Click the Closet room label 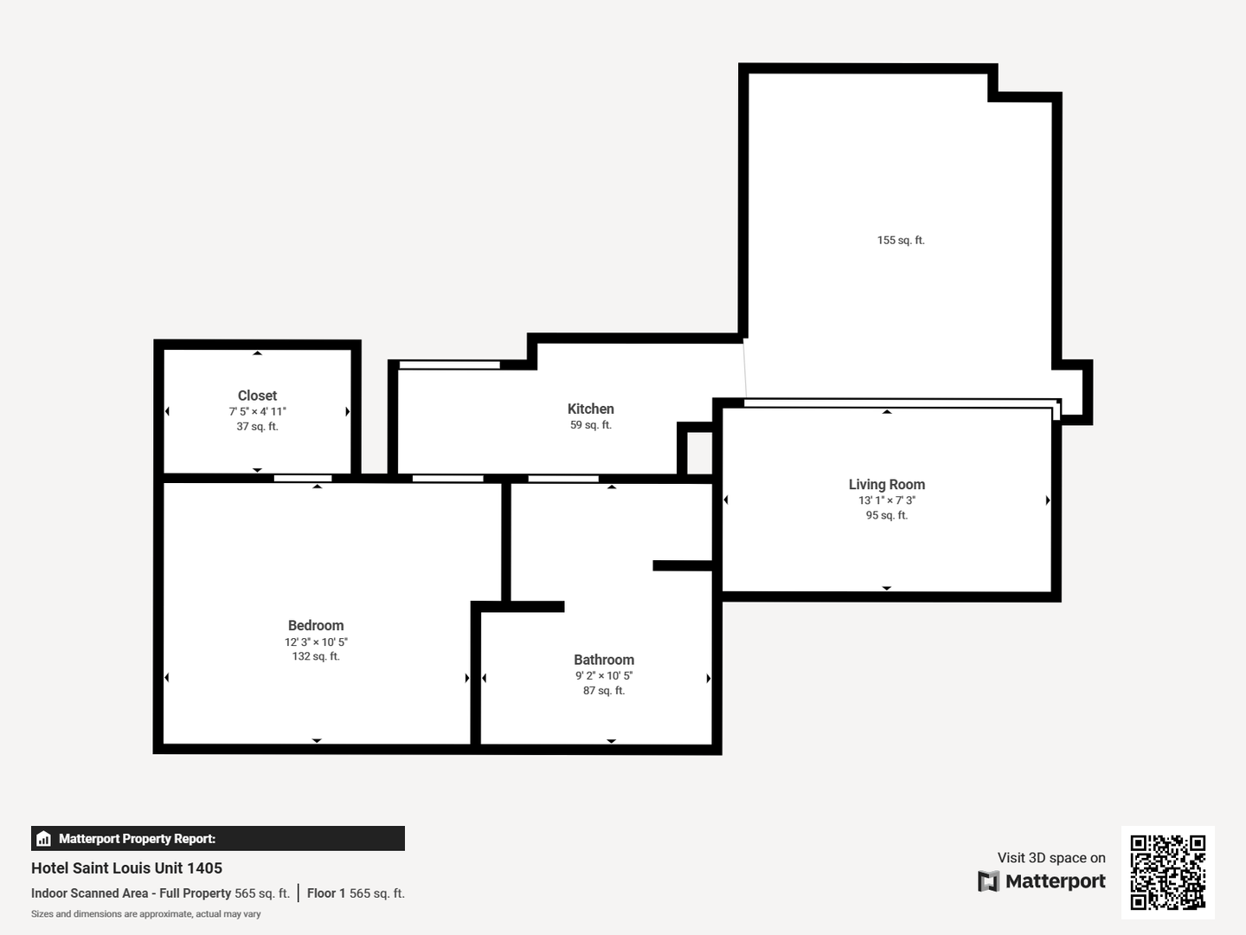(257, 396)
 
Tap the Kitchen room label (590, 409)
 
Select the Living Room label (887, 484)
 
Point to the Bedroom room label (316, 626)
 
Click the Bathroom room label (604, 660)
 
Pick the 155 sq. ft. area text (901, 240)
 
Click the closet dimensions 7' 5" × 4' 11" (257, 411)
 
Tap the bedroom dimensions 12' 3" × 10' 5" (316, 642)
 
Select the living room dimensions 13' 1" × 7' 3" (887, 500)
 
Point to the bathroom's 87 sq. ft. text (604, 691)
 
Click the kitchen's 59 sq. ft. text (590, 424)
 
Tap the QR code (1167, 872)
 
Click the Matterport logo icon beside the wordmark (988, 881)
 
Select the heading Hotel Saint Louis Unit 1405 (126, 868)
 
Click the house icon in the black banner (44, 839)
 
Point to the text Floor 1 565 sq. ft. (356, 893)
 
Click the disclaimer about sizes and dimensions (146, 914)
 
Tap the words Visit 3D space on (1051, 858)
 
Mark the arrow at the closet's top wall (257, 353)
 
